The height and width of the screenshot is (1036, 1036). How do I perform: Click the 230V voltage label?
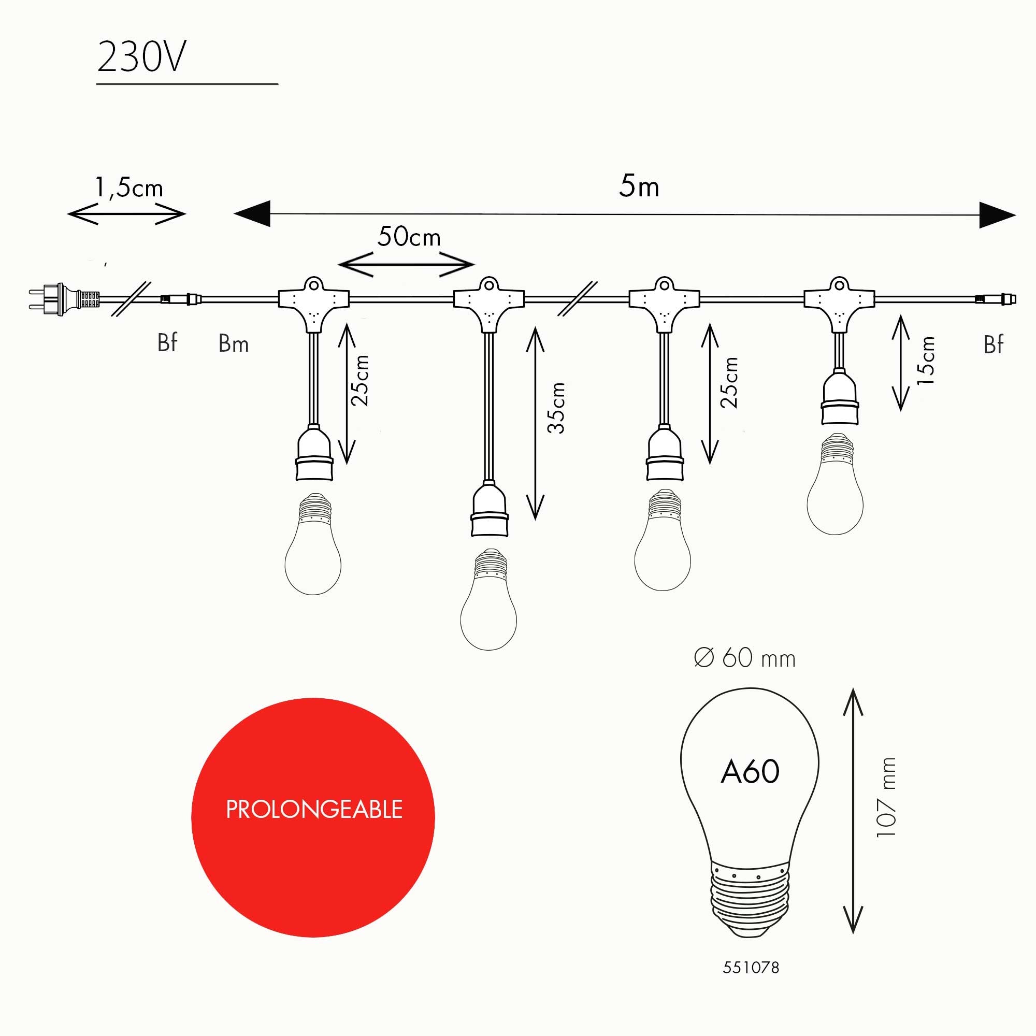click(x=141, y=57)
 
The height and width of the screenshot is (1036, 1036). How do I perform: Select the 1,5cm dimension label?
click(x=128, y=187)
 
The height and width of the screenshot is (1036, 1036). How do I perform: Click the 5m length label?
click(x=639, y=186)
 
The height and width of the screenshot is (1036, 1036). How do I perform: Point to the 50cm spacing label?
click(x=409, y=237)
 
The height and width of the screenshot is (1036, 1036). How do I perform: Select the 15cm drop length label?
click(x=926, y=360)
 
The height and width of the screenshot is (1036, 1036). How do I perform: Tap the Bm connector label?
click(x=233, y=344)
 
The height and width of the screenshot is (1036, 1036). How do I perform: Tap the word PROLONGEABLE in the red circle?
click(x=314, y=809)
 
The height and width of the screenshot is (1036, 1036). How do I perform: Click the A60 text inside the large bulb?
click(x=750, y=772)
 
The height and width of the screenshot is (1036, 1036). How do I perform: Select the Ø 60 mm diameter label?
click(x=744, y=658)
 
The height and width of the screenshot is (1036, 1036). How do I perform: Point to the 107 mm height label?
click(x=885, y=797)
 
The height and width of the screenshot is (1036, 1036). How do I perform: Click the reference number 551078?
click(x=751, y=967)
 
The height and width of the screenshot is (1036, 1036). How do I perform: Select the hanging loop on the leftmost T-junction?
click(x=314, y=283)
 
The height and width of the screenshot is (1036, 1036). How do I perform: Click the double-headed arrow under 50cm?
click(x=407, y=264)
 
